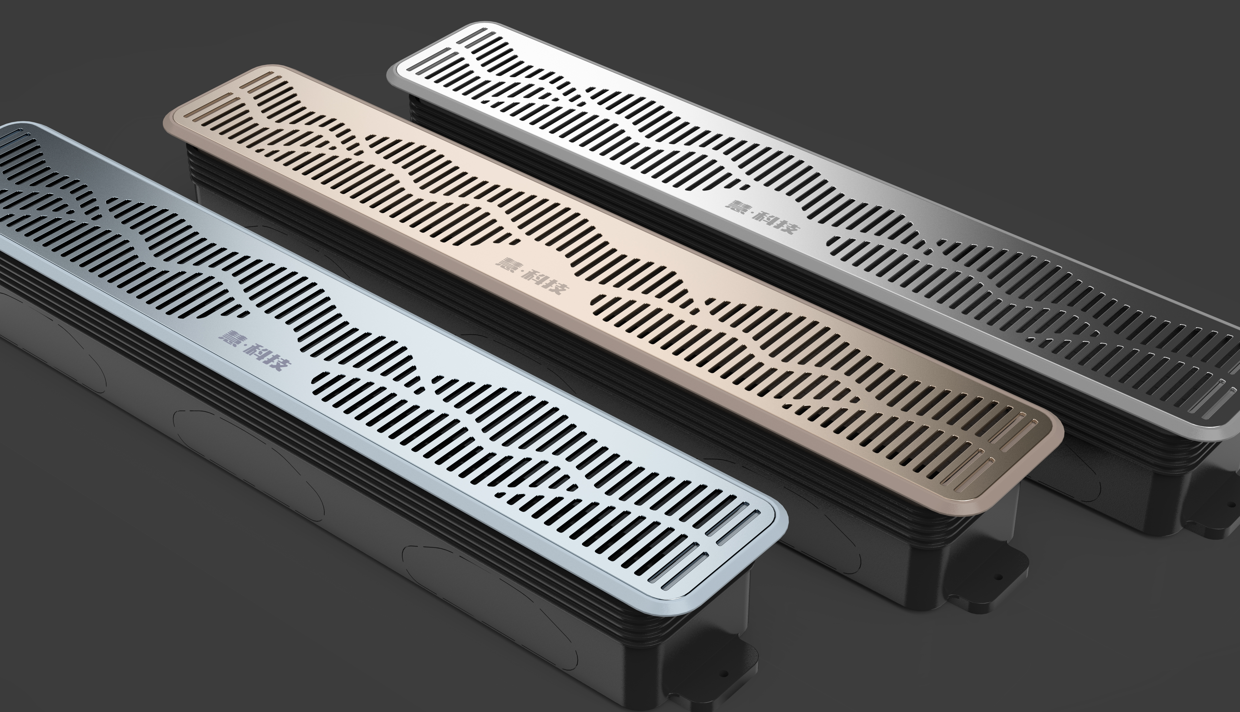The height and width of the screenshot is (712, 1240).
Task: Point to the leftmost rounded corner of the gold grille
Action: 169,117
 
